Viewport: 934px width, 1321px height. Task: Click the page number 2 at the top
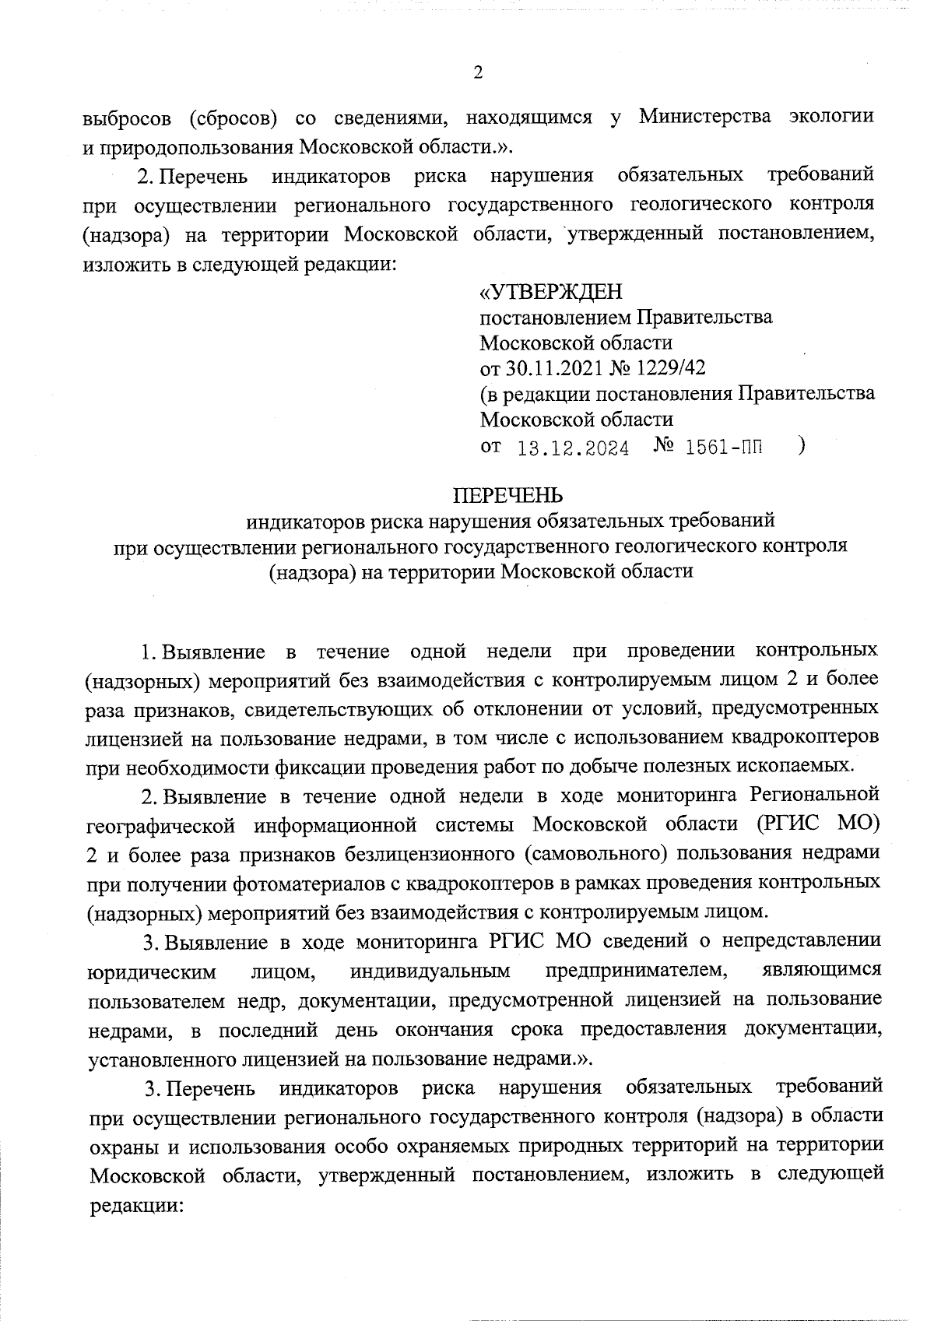tap(478, 72)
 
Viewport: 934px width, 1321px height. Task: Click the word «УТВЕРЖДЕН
tap(551, 292)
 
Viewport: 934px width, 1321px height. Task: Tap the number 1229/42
tap(670, 367)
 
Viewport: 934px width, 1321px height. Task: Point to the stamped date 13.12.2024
tap(573, 448)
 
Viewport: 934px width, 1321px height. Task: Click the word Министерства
tap(705, 117)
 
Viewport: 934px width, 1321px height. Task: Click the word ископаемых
tap(794, 766)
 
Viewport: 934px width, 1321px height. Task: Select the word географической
tap(170, 824)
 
